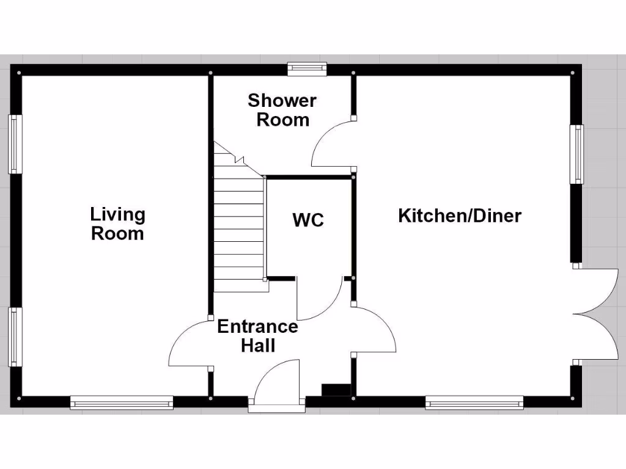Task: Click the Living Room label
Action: pyautogui.click(x=117, y=224)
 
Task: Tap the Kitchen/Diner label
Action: pyautogui.click(x=460, y=216)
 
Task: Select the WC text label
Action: pyautogui.click(x=308, y=220)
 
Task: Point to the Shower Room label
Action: pyautogui.click(x=282, y=110)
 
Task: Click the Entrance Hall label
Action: pyautogui.click(x=258, y=336)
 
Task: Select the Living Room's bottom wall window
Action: pyautogui.click(x=122, y=402)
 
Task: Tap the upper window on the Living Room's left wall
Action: pyautogui.click(x=15, y=144)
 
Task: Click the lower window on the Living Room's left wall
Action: pyautogui.click(x=15, y=336)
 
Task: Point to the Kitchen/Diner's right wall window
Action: pyautogui.click(x=576, y=154)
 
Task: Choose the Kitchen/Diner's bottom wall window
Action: pyautogui.click(x=474, y=402)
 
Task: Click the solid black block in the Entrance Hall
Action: pyautogui.click(x=336, y=390)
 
